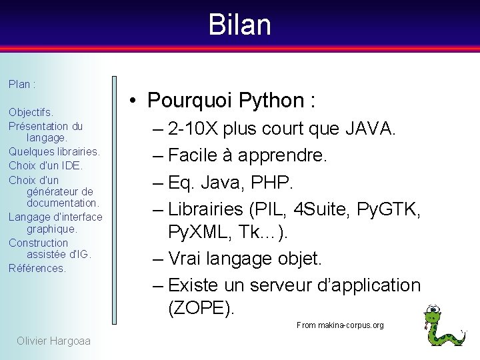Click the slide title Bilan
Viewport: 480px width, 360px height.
point(239,25)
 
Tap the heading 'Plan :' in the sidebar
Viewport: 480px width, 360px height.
point(22,85)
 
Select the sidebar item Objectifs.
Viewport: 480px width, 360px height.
point(31,112)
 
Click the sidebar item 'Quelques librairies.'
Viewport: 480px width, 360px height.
point(54,151)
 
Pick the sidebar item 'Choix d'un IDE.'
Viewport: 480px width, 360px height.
point(45,165)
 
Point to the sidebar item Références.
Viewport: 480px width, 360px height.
point(37,268)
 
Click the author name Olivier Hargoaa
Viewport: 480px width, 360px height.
point(53,341)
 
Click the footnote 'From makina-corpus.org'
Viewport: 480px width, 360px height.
point(340,325)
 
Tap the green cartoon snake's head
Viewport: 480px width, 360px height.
point(435,313)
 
